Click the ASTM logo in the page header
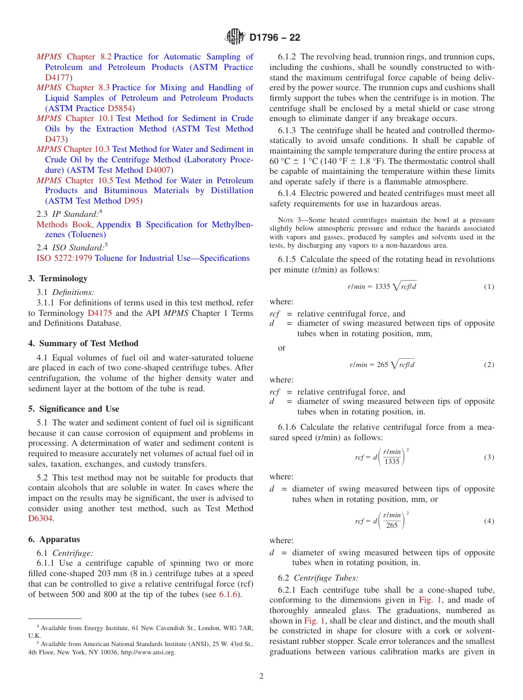click(x=235, y=37)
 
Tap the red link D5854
click(x=119, y=108)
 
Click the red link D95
click(x=132, y=201)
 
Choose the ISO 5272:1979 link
click(x=64, y=258)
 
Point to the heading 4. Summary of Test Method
click(x=83, y=343)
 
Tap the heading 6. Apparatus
click(x=54, y=539)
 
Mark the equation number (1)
click(x=489, y=287)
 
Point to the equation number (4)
click(x=489, y=521)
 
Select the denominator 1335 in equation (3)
click(x=391, y=462)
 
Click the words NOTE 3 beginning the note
click(x=292, y=220)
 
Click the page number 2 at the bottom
click(x=261, y=676)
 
